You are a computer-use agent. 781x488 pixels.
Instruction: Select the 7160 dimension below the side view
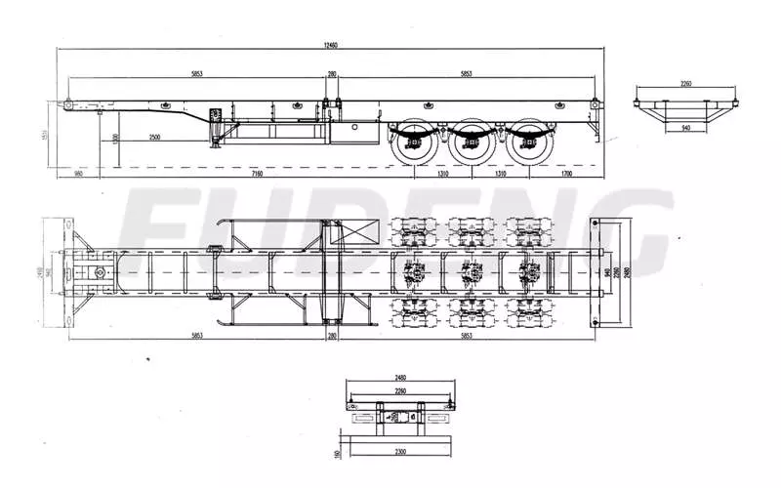pos(256,174)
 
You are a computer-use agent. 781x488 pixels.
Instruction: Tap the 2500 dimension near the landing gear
pos(154,138)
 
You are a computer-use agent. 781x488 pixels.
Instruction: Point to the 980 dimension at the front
pos(78,174)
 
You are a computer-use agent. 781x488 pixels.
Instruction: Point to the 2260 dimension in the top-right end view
pos(684,84)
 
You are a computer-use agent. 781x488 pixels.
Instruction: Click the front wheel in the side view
pos(411,145)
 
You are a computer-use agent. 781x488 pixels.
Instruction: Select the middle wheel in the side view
pos(471,145)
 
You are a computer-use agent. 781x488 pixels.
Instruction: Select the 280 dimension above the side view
pos(332,74)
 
